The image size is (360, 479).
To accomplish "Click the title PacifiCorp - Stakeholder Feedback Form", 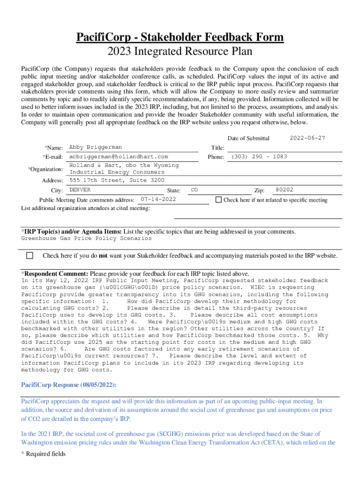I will point(180,37).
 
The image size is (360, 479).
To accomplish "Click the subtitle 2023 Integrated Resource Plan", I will point(180,52).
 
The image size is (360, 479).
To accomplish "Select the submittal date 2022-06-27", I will point(307,138).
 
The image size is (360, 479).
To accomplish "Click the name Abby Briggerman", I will point(95,147).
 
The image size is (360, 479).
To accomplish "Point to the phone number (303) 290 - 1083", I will point(259,157).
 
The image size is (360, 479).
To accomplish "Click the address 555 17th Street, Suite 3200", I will point(117,180).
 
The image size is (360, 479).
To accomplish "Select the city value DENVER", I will point(80,190).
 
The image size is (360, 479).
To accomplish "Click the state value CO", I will point(195,190).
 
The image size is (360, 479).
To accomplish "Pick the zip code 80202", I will point(284,190).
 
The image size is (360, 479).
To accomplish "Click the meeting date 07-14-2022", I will point(158,199).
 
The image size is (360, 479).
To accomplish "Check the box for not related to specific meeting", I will point(218,200).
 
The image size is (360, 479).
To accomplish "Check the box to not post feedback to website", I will point(30,255).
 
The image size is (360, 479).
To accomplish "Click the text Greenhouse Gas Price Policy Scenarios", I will point(86,238).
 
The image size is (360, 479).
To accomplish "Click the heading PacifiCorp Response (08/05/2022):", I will point(69,385).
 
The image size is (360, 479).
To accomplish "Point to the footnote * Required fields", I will point(43,454).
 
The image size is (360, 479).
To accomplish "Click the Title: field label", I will point(218,148).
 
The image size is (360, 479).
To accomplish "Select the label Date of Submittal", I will point(248,138).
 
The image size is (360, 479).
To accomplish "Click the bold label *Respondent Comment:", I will point(55,274).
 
